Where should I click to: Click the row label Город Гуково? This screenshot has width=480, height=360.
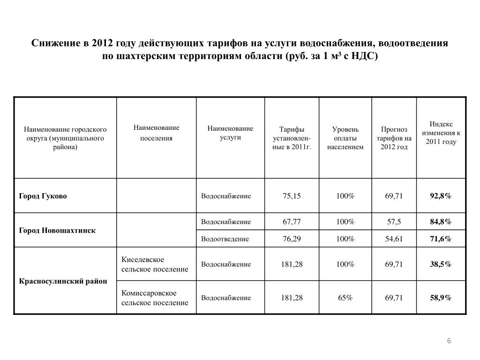pyautogui.click(x=43, y=196)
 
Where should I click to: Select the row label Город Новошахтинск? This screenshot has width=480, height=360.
pyautogui.click(x=57, y=231)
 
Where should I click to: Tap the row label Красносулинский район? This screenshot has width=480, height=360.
pyautogui.click(x=63, y=281)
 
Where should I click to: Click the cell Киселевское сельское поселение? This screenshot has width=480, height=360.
pyautogui.click(x=155, y=264)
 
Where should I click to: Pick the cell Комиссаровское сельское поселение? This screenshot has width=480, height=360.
pyautogui.click(x=155, y=298)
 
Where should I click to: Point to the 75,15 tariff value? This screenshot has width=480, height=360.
pyautogui.click(x=292, y=196)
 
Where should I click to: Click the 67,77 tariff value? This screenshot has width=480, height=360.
pyautogui.click(x=292, y=222)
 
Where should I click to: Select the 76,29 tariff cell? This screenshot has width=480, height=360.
pyautogui.click(x=292, y=239)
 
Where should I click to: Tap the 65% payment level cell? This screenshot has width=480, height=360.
pyautogui.click(x=345, y=298)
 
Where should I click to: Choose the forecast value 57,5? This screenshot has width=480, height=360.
pyautogui.click(x=394, y=222)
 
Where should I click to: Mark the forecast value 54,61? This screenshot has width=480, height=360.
pyautogui.click(x=394, y=239)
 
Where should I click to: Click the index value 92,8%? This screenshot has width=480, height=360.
pyautogui.click(x=441, y=196)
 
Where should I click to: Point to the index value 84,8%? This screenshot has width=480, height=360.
pyautogui.click(x=441, y=222)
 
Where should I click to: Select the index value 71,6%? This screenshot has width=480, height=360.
pyautogui.click(x=441, y=239)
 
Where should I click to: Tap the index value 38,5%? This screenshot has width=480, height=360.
pyautogui.click(x=441, y=264)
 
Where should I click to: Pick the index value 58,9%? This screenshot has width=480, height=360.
pyautogui.click(x=441, y=298)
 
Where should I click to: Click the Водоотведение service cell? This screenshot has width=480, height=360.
pyautogui.click(x=225, y=239)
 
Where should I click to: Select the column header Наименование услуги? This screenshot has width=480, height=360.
pyautogui.click(x=230, y=133)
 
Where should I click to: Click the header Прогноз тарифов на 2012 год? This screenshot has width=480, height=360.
pyautogui.click(x=394, y=138)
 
